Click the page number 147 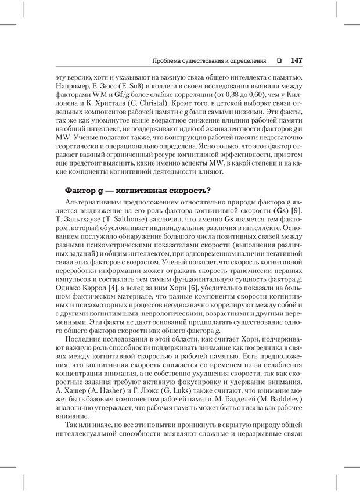click(296, 60)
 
